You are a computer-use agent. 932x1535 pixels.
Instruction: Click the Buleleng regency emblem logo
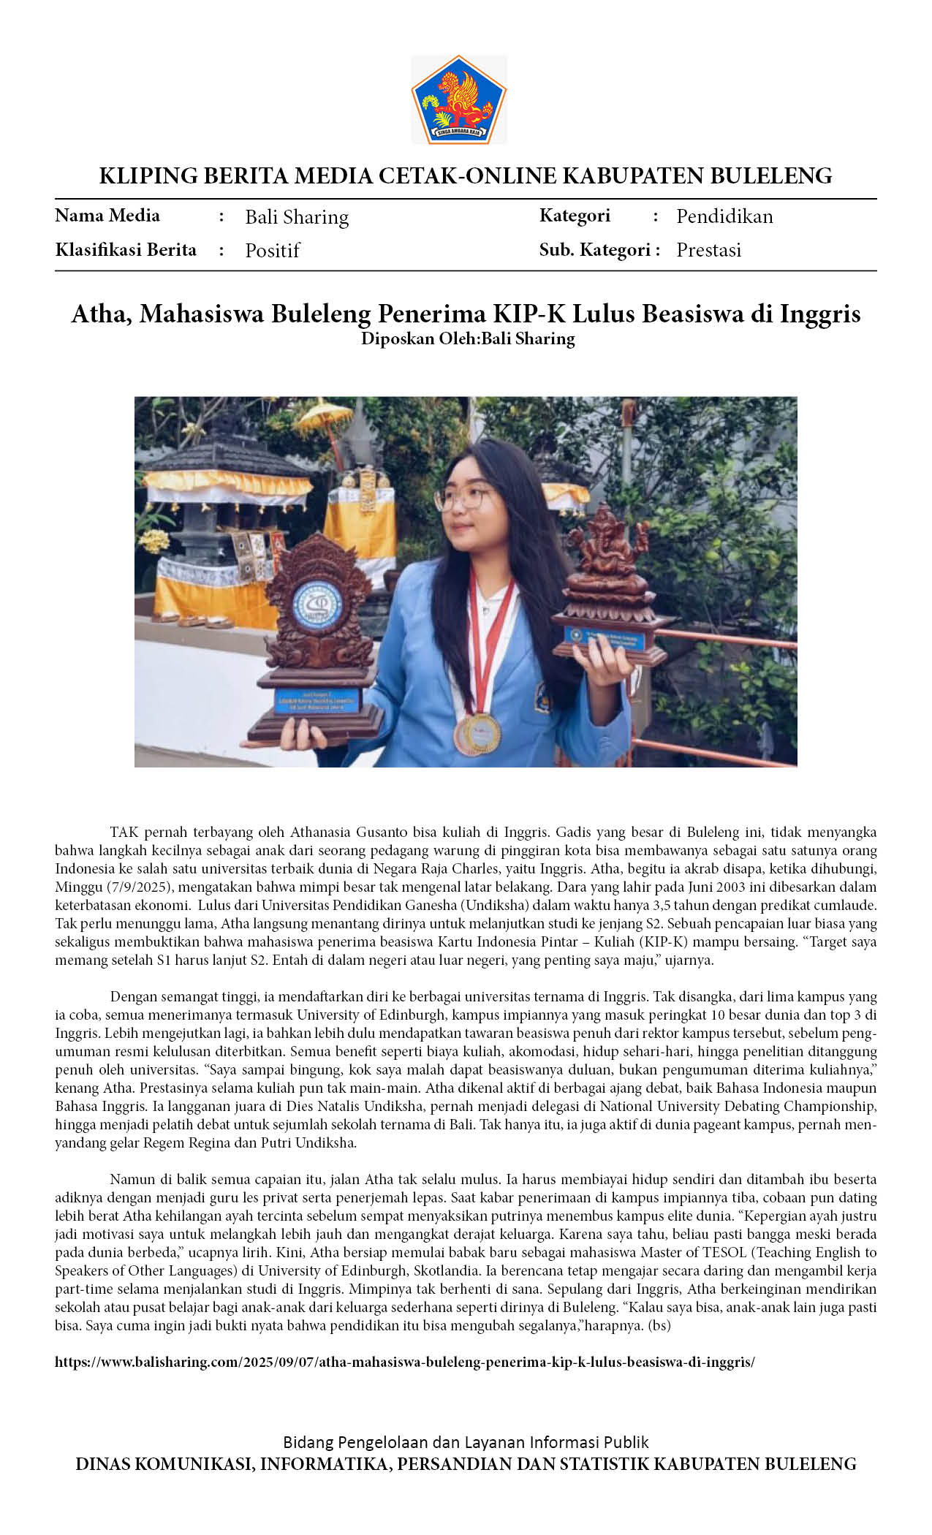[x=459, y=99]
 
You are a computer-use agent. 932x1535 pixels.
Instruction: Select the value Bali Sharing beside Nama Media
[x=297, y=217]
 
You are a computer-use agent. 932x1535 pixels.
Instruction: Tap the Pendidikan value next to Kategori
[x=724, y=216]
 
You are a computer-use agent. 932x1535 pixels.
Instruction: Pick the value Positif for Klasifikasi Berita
[x=272, y=251]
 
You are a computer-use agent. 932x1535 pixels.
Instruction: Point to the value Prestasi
[x=708, y=250]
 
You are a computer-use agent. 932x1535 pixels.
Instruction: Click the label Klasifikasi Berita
[x=126, y=250]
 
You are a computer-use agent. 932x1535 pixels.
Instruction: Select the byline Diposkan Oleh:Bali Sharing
[x=467, y=339]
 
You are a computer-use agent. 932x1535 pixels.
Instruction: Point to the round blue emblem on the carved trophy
[x=317, y=604]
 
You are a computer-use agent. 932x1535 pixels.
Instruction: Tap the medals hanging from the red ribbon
[x=480, y=732]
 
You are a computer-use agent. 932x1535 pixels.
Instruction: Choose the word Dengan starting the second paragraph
[x=132, y=997]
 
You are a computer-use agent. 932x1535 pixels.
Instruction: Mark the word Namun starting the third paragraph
[x=131, y=1180]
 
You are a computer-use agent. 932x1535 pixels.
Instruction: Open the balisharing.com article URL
[x=405, y=1362]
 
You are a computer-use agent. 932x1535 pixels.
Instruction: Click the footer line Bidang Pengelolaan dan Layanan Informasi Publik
[x=466, y=1442]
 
